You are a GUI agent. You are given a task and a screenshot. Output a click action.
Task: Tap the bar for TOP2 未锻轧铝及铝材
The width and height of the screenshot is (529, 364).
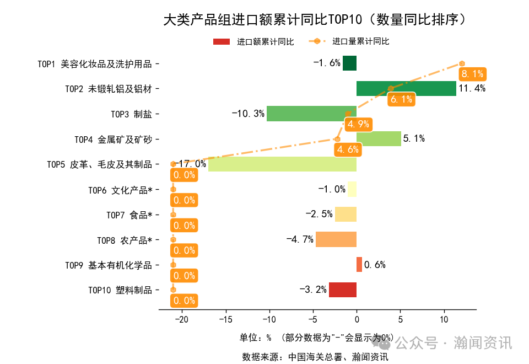click(x=406, y=88)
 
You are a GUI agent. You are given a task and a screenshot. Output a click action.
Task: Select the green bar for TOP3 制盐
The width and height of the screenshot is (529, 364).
click(x=311, y=114)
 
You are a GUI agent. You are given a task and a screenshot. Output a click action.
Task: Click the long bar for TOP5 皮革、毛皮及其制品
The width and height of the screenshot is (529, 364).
click(x=282, y=164)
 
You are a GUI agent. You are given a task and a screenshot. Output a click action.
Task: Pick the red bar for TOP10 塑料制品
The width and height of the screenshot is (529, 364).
click(x=343, y=290)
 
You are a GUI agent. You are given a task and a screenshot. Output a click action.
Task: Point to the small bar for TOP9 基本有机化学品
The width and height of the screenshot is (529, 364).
click(x=359, y=264)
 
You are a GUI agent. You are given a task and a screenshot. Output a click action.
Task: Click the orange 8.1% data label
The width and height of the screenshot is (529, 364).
click(x=472, y=74)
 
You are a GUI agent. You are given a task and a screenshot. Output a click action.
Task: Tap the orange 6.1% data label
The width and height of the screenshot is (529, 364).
click(x=401, y=99)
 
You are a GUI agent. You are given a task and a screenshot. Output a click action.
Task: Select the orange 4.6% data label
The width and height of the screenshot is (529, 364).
click(x=348, y=149)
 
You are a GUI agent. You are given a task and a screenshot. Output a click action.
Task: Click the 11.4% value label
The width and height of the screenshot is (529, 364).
click(x=472, y=88)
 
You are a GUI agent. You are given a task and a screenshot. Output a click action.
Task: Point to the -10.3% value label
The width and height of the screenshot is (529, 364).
click(x=248, y=114)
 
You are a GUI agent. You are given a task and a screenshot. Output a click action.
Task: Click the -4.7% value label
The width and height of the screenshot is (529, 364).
click(x=300, y=239)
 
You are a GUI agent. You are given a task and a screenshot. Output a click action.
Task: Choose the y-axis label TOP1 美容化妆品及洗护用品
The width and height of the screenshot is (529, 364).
click(x=94, y=63)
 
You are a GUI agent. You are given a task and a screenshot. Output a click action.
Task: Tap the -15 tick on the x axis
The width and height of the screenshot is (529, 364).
click(x=225, y=319)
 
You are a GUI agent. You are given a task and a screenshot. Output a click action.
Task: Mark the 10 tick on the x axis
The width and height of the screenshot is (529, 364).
click(x=444, y=319)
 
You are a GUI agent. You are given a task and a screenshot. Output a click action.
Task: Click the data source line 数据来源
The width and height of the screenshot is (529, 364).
click(x=315, y=357)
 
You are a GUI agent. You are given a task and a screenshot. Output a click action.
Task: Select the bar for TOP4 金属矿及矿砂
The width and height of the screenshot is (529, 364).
click(x=379, y=138)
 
